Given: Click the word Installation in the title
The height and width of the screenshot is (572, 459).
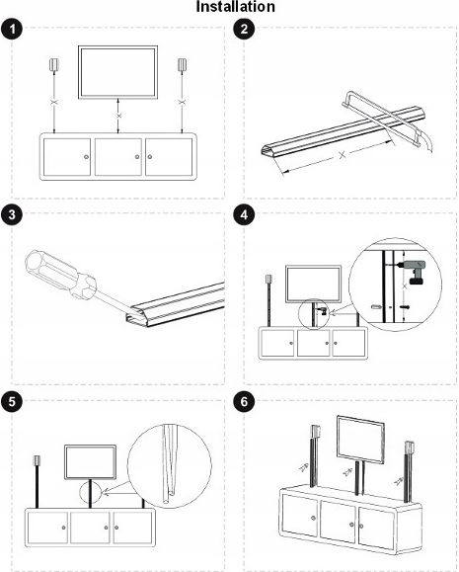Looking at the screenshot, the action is click(236, 7).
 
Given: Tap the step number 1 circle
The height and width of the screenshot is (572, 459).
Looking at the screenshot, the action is click(12, 30).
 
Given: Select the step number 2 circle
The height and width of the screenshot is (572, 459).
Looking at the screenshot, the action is click(244, 30).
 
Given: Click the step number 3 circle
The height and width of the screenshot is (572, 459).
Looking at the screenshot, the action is click(12, 215).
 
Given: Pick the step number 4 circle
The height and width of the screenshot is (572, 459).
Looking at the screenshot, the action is click(244, 215).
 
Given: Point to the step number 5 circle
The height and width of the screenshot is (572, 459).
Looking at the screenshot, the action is click(12, 402).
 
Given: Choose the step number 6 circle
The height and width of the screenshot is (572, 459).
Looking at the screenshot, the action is click(244, 402).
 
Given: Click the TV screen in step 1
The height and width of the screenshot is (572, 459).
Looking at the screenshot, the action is click(117, 72).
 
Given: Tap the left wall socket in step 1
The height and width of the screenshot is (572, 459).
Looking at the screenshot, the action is click(54, 64).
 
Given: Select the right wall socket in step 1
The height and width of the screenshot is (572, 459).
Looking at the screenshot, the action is click(183, 64).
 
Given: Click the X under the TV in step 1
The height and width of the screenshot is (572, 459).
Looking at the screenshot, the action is click(118, 116).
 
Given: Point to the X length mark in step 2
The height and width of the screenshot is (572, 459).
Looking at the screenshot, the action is click(342, 155).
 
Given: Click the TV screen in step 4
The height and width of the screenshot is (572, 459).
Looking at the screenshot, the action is click(314, 285).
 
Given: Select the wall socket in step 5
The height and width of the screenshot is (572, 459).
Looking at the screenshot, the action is click(37, 459).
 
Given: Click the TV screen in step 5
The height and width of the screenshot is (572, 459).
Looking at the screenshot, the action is click(91, 462).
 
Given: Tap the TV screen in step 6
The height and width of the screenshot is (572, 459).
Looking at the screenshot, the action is click(360, 440).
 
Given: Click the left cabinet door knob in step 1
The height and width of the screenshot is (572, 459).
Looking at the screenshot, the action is click(86, 157).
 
